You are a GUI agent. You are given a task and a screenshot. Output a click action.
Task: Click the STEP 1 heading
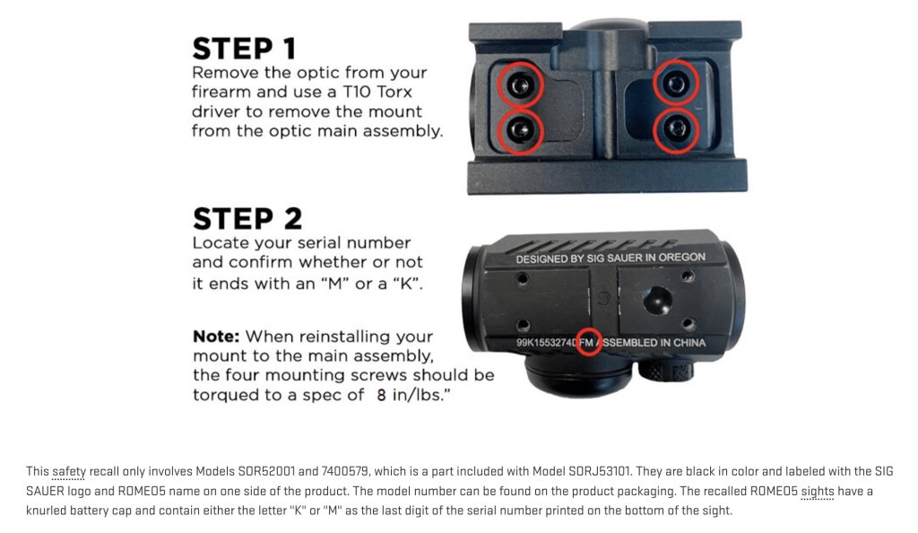click(244, 48)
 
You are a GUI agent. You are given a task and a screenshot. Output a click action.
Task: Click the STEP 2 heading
click(247, 219)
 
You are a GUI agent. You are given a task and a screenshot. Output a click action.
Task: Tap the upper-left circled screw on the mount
click(520, 86)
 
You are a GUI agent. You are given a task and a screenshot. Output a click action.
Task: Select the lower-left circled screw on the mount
click(520, 129)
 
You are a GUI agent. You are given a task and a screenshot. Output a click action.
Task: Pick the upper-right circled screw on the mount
click(676, 83)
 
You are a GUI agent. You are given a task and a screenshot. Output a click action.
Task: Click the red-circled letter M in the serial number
click(589, 343)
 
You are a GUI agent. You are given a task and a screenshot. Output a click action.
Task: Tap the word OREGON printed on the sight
click(681, 258)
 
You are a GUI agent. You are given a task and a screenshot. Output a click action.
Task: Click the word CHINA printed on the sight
click(689, 343)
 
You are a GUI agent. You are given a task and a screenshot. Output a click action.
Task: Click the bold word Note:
click(216, 336)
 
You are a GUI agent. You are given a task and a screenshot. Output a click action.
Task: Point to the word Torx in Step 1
click(394, 92)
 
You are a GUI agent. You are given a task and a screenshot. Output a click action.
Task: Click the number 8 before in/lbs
click(381, 396)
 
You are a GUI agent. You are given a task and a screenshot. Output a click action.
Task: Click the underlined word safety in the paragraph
click(68, 471)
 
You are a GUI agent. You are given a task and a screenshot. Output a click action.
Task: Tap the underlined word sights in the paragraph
click(817, 492)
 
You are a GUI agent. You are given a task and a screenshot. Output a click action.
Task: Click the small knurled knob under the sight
click(666, 371)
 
